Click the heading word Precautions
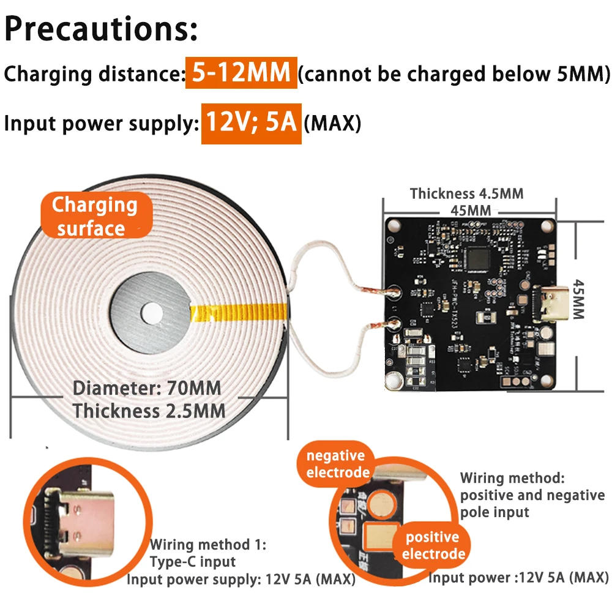pos(101,29)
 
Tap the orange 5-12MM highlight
pos(241,73)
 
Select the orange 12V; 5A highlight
pos(251,122)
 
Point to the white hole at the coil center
pos(154,314)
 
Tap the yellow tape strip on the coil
pos(239,312)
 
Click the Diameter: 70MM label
pos(147,388)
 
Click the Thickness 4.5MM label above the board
pos(466,194)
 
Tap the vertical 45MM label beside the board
pos(579,299)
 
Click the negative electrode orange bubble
pos(335,464)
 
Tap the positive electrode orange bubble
pos(432,545)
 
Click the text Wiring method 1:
pos(208,544)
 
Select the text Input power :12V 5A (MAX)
pos(518,577)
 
